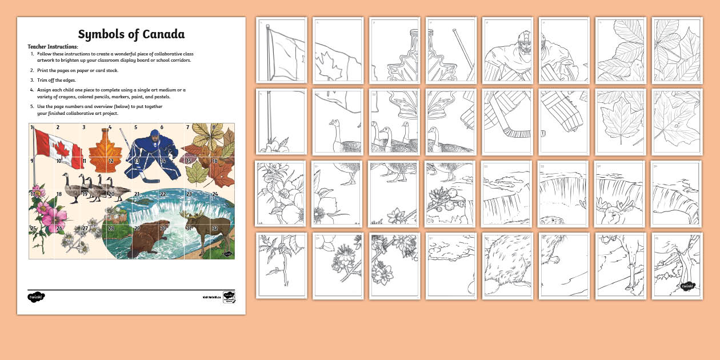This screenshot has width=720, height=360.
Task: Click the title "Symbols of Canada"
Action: point(131,34)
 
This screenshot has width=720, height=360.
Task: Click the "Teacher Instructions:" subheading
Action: point(53,46)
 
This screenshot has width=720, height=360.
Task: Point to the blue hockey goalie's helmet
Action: point(154,137)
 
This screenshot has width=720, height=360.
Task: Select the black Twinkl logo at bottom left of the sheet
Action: point(36,297)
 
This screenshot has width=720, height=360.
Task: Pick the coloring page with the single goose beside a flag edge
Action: point(338,121)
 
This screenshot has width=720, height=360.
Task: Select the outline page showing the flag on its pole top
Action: point(281,50)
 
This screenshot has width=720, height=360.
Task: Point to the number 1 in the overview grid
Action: point(32,127)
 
